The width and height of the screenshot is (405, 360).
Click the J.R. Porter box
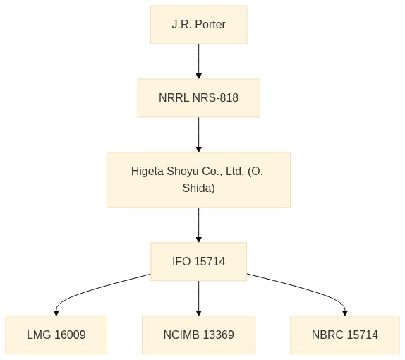199,25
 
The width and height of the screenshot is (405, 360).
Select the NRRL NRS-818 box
199,98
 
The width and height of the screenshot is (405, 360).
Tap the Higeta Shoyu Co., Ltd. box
199,179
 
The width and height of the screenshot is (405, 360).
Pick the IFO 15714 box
199,262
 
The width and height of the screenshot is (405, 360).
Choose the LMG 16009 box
56,335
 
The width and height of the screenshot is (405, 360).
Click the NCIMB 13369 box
199,335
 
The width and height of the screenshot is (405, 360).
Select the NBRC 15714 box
345,335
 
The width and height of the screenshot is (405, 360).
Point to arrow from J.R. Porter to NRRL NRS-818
199,61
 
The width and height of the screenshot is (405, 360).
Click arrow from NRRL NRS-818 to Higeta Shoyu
199,135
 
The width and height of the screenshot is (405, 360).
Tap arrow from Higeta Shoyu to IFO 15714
199,225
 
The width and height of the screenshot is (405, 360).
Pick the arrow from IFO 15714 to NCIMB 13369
199,298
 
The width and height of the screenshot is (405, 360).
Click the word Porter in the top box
210,25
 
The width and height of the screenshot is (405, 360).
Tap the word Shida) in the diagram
199,188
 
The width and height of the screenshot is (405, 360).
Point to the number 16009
70,335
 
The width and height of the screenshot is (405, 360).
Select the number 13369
219,335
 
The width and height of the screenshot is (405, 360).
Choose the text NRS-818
215,98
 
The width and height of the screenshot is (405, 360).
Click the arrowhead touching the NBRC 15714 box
345,313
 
